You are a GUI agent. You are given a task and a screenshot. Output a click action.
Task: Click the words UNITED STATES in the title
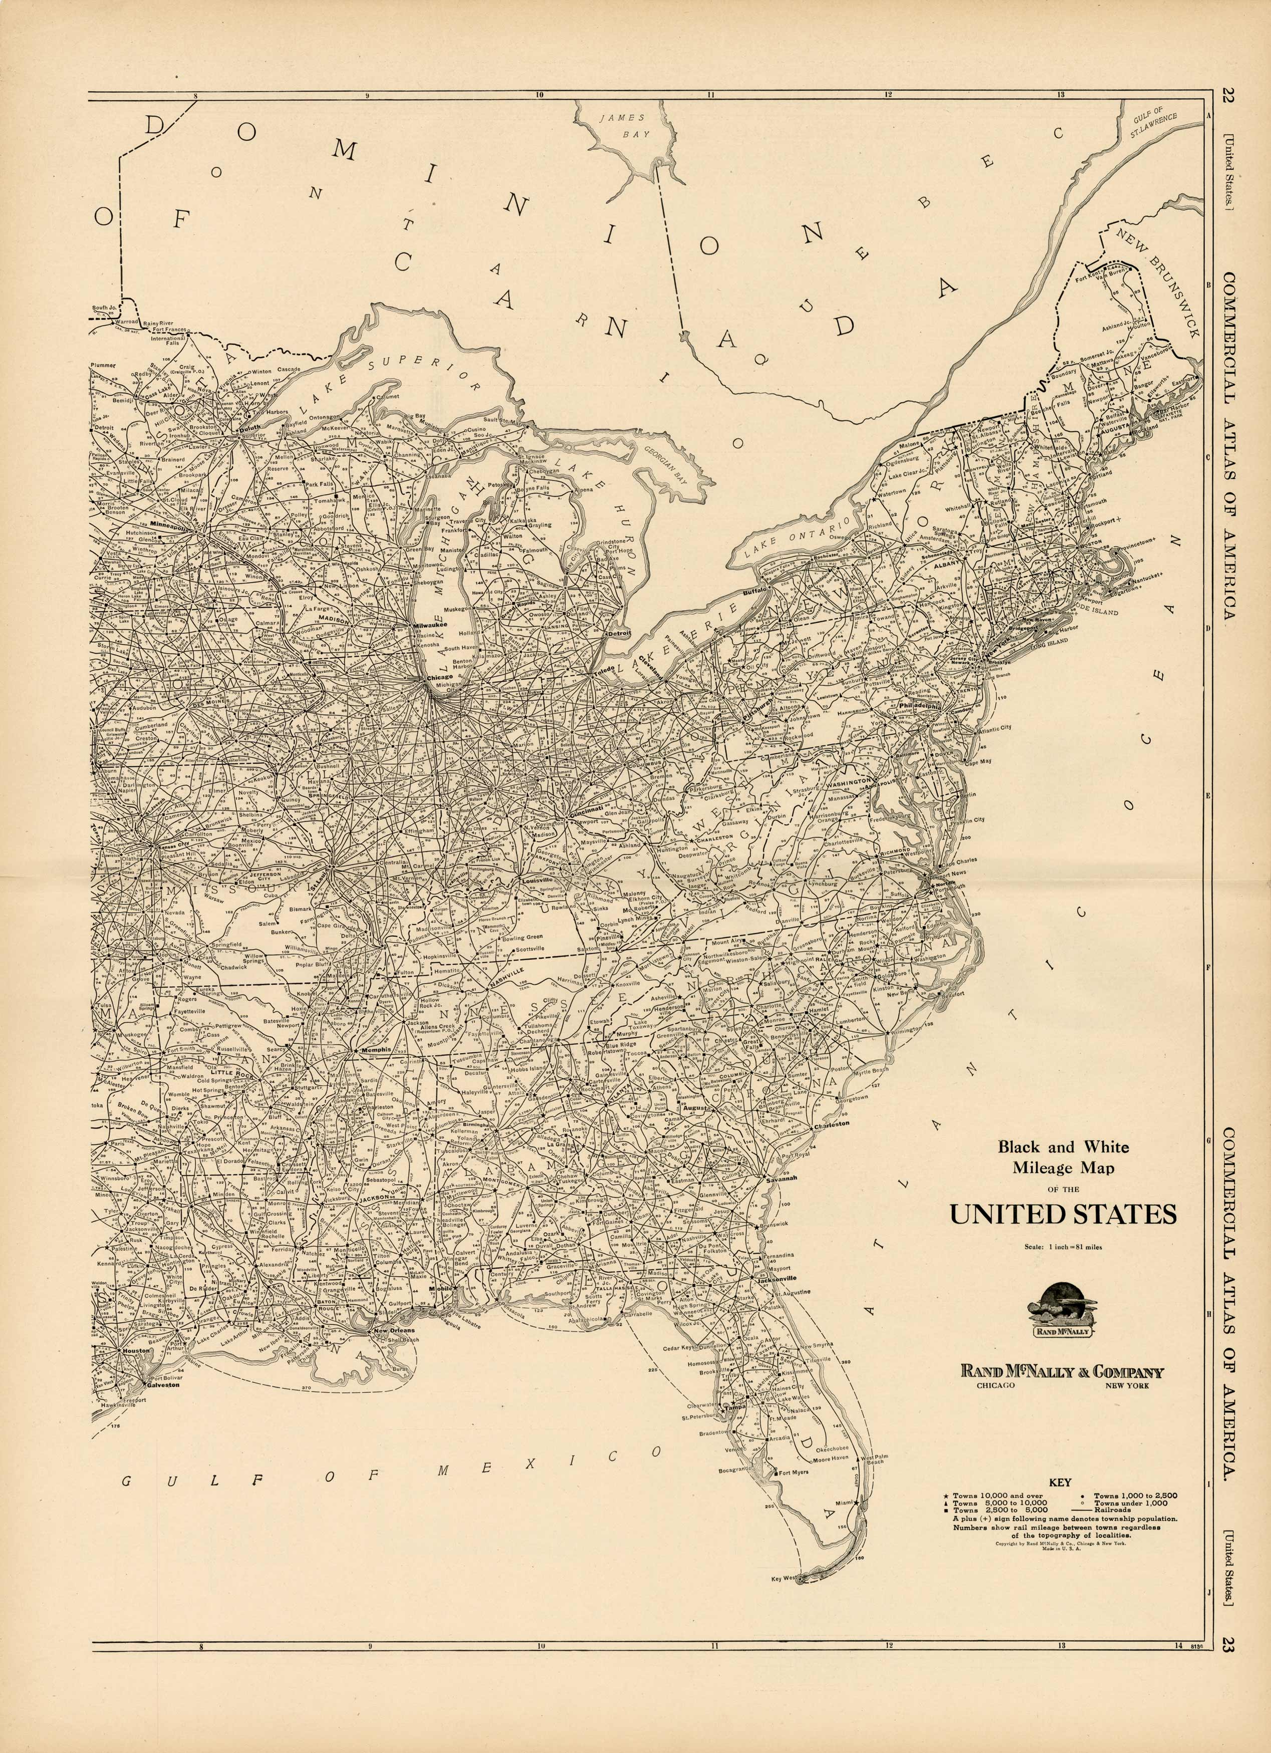point(1063,1214)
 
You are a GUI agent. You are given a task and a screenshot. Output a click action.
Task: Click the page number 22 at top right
point(1228,97)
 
